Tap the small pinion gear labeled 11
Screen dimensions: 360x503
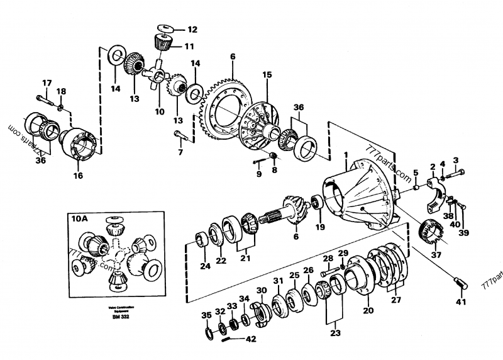162,43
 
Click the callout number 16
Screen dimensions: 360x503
77,176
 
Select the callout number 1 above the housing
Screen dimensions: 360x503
345,154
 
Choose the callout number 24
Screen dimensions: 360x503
204,266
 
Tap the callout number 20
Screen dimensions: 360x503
368,311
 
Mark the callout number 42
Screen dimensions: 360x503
251,339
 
